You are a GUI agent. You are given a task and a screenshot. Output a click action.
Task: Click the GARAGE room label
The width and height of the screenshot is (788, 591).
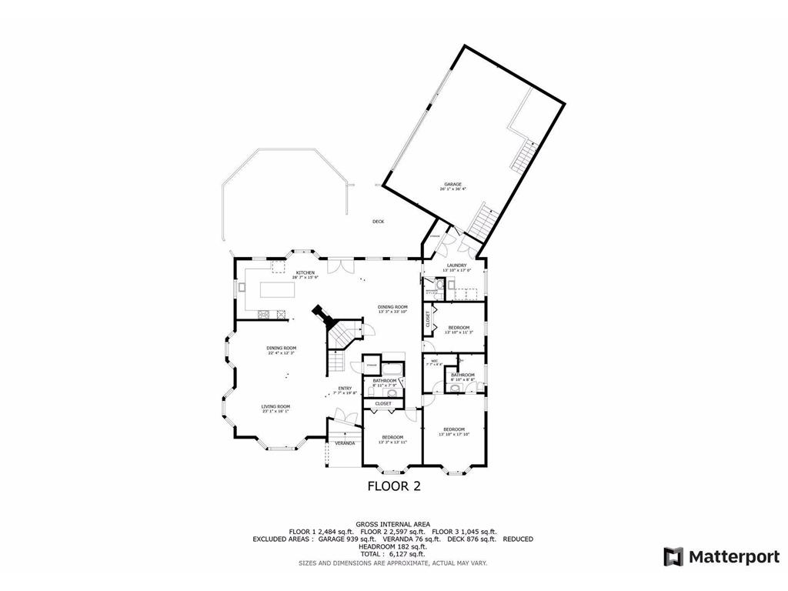452,185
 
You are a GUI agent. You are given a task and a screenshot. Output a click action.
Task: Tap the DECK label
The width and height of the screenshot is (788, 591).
378,222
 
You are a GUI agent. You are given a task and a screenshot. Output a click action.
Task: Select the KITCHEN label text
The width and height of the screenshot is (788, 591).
306,272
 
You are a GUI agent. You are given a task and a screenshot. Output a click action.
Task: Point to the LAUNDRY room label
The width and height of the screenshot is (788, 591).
456,265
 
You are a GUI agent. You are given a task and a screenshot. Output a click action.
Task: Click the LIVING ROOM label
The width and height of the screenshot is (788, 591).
275,406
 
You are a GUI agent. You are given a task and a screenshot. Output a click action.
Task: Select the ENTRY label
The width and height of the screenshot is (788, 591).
344,389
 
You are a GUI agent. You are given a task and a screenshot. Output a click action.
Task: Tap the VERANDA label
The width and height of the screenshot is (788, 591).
345,443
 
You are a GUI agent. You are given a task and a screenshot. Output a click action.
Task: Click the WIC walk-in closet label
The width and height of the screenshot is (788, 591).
434,360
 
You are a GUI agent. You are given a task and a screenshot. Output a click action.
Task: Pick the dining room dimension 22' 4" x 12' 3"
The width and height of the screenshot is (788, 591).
282,353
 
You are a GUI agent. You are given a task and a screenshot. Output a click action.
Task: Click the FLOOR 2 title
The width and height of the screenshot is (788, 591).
393,486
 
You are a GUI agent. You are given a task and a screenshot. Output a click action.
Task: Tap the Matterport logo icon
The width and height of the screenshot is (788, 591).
673,556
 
